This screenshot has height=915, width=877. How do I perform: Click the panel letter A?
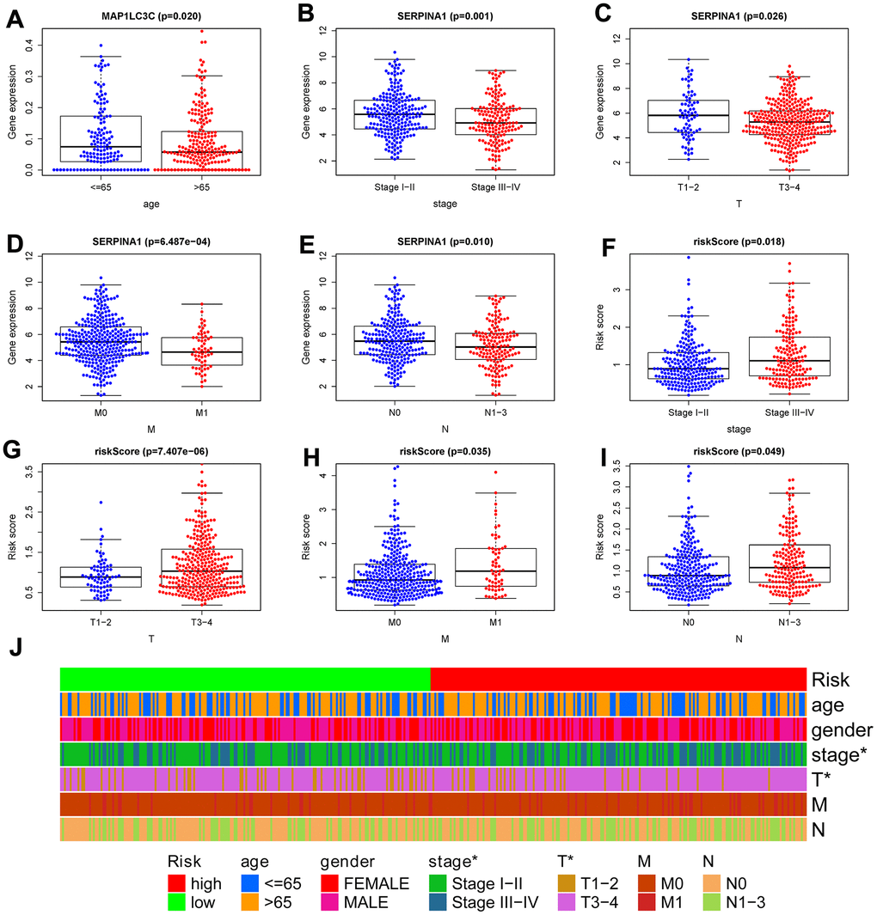15,16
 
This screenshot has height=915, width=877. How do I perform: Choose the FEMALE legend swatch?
334,883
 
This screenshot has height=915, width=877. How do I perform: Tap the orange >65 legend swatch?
253,902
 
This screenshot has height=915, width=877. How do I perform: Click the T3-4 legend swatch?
567,902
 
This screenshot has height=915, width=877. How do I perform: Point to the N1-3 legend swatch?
706,902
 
